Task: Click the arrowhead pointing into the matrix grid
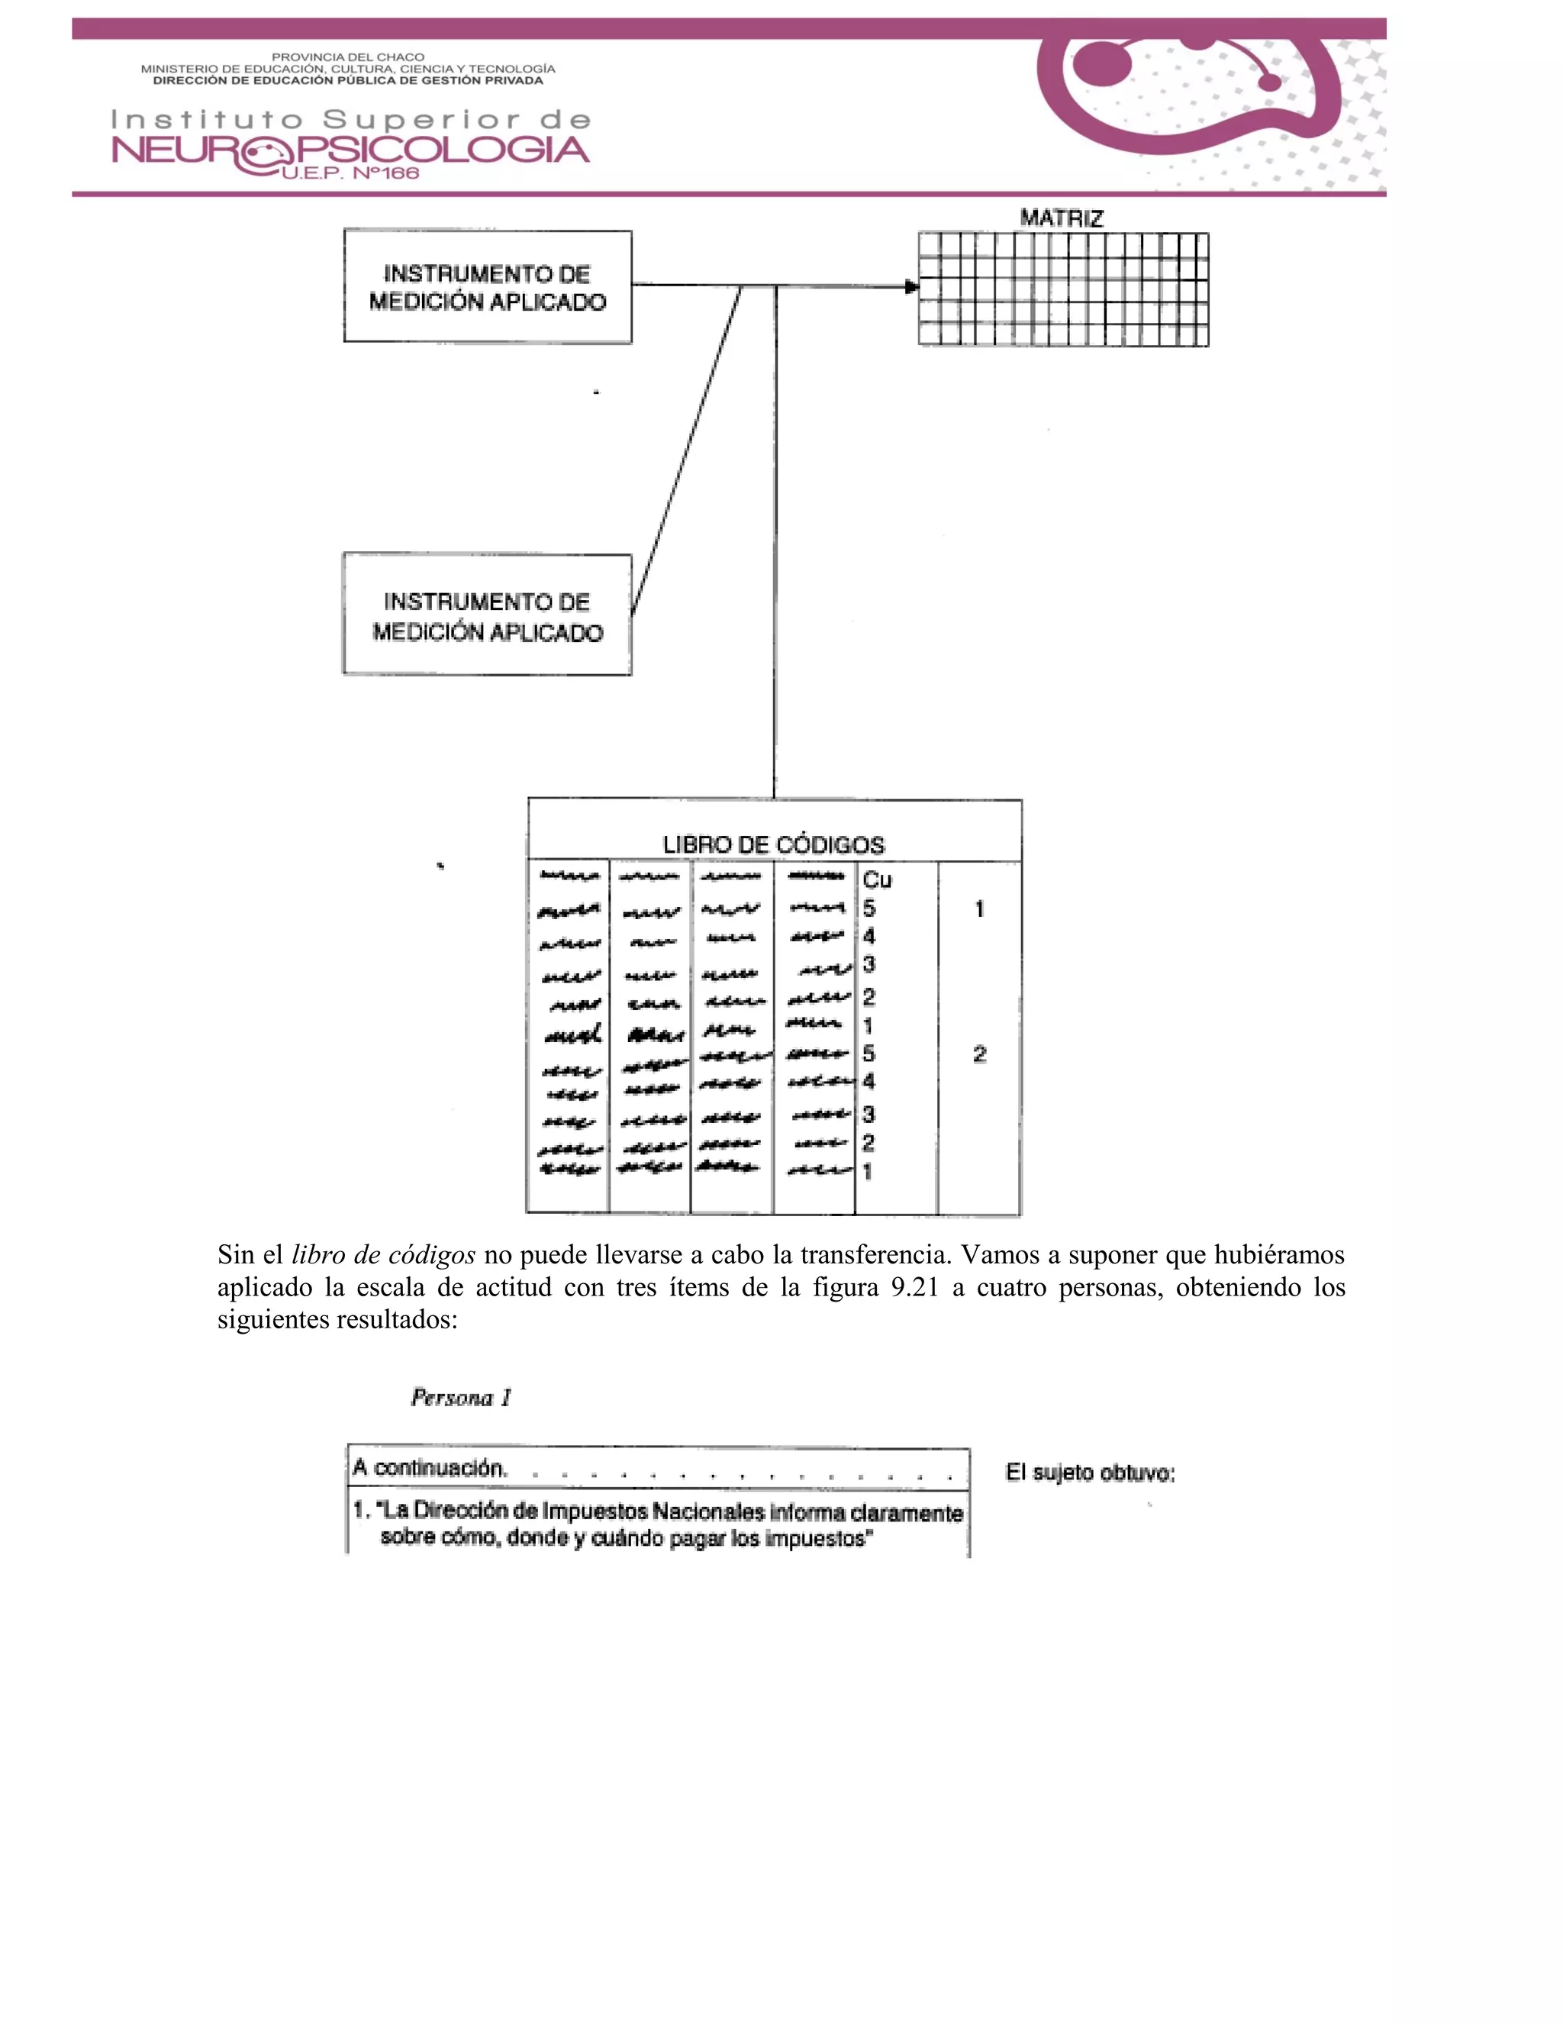(911, 286)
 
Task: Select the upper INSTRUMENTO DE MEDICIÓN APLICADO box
(487, 287)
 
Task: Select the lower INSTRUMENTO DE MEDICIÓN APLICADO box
(487, 616)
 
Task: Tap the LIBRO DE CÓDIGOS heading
(773, 845)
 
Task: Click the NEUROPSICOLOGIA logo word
(350, 150)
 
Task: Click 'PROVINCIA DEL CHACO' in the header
(347, 57)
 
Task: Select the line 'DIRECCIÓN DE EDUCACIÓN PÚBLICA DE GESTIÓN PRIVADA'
(347, 81)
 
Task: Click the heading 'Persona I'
(460, 1398)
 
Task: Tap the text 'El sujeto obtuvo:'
(1090, 1473)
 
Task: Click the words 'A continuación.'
(430, 1468)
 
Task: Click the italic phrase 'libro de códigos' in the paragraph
(383, 1255)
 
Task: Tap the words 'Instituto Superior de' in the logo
(350, 120)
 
